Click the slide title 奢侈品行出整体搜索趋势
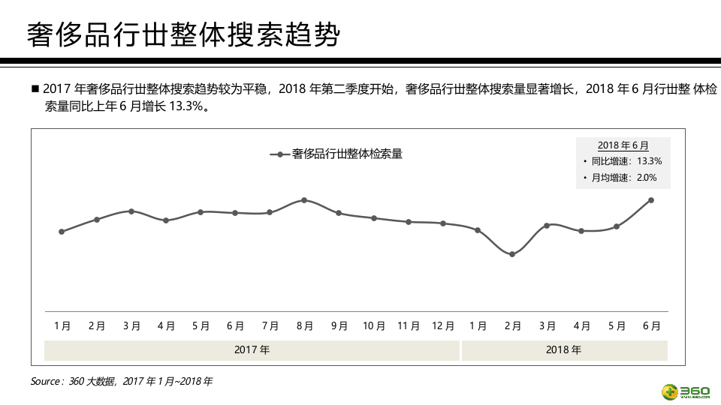pyautogui.click(x=183, y=35)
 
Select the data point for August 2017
pyautogui.click(x=304, y=200)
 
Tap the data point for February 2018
pyautogui.click(x=512, y=254)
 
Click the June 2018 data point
pyautogui.click(x=650, y=200)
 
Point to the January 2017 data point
pyautogui.click(x=62, y=232)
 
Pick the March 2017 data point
pyautogui.click(x=131, y=211)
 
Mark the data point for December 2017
pyautogui.click(x=443, y=223)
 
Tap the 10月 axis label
pyautogui.click(x=373, y=326)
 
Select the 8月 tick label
pyautogui.click(x=304, y=326)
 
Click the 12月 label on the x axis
pyautogui.click(x=443, y=326)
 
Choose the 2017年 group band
pyautogui.click(x=252, y=350)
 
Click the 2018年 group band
pyautogui.click(x=563, y=350)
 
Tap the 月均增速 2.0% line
pyautogui.click(x=623, y=178)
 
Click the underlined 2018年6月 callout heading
pyautogui.click(x=623, y=145)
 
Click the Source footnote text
pyautogui.click(x=121, y=382)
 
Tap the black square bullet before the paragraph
pyautogui.click(x=35, y=88)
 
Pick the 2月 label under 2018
pyautogui.click(x=512, y=326)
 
